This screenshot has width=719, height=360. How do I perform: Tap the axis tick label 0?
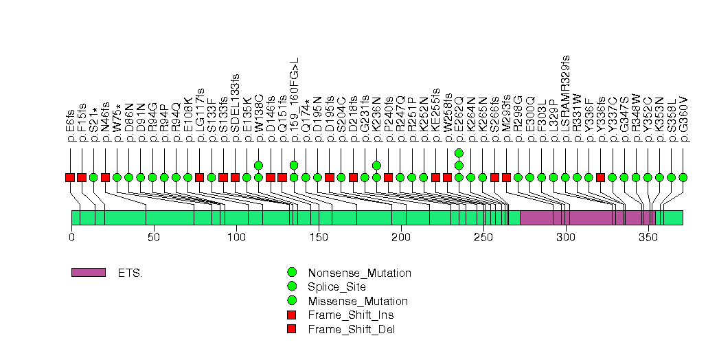pyautogui.click(x=71, y=237)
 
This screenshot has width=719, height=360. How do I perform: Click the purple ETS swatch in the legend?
pyautogui.click(x=88, y=273)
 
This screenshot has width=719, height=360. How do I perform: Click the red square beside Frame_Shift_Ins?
pyautogui.click(x=292, y=315)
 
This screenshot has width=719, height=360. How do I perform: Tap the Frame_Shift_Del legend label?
pyautogui.click(x=352, y=329)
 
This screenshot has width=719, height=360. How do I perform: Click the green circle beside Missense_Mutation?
pyautogui.click(x=292, y=301)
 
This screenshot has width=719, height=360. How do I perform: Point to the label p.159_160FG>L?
pyautogui.click(x=295, y=100)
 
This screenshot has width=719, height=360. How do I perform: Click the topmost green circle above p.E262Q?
pyautogui.click(x=459, y=153)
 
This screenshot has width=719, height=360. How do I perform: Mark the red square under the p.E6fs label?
pyautogui.click(x=70, y=177)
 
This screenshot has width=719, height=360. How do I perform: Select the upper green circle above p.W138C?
pyautogui.click(x=259, y=165)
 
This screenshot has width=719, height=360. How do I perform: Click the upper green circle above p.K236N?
pyautogui.click(x=376, y=165)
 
